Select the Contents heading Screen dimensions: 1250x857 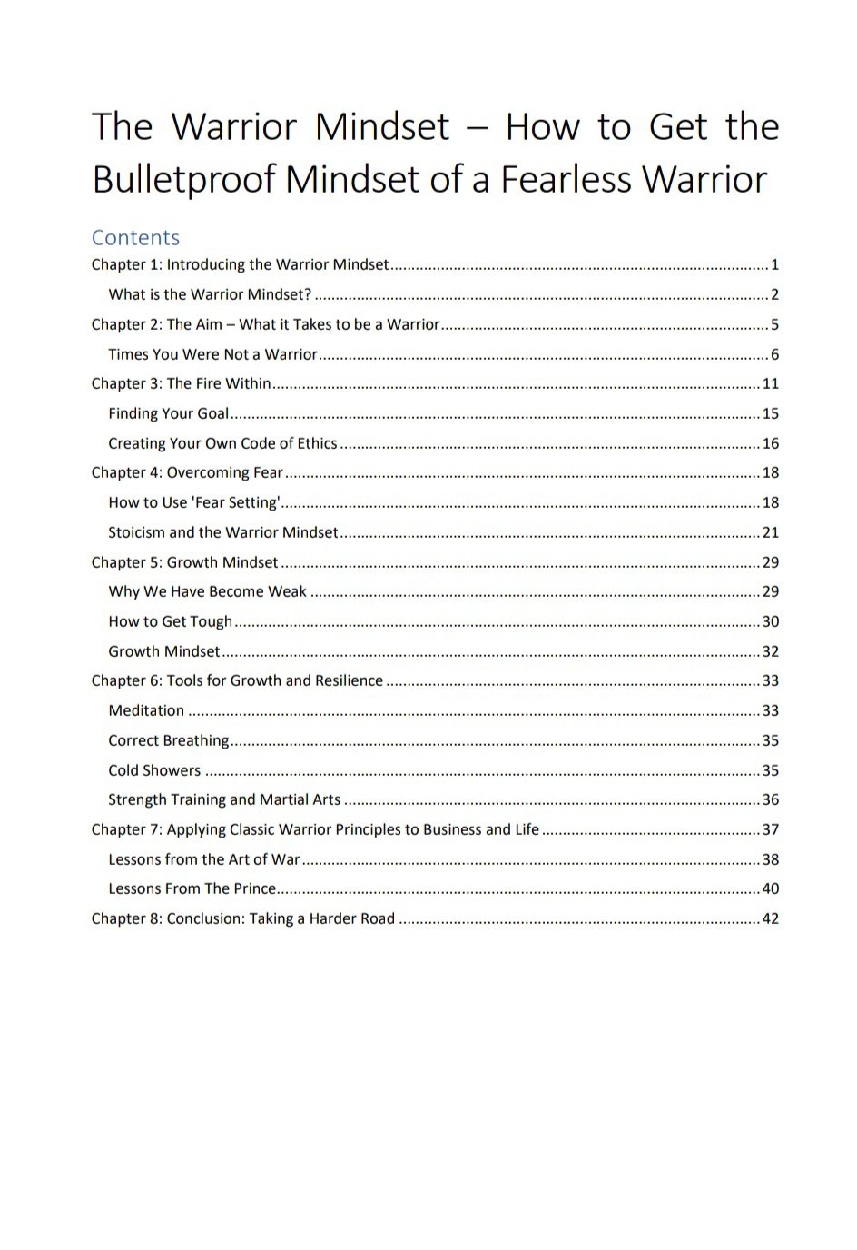click(x=135, y=237)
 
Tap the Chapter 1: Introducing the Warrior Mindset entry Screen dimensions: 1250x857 click(x=240, y=264)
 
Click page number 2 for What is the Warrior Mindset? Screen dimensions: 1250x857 click(x=774, y=294)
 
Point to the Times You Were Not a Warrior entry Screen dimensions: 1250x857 click(x=212, y=354)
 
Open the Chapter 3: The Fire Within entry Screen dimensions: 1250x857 click(x=181, y=383)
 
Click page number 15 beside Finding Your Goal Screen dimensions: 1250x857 click(x=770, y=413)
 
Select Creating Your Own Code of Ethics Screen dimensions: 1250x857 click(x=222, y=443)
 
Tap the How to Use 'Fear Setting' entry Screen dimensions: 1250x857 click(x=193, y=502)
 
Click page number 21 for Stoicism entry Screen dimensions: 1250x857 click(x=770, y=532)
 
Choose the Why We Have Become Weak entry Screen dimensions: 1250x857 click(x=207, y=591)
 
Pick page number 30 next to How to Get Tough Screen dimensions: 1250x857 click(x=770, y=621)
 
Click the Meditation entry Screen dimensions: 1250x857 click(x=146, y=710)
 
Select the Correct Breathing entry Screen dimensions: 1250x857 click(x=168, y=740)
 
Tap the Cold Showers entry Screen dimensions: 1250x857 click(x=154, y=770)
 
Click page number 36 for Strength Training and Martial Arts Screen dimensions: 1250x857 click(x=770, y=799)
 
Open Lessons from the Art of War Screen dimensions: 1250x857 click(x=203, y=859)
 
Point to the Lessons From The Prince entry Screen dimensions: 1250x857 click(x=192, y=888)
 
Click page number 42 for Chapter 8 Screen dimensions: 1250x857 click(x=770, y=918)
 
